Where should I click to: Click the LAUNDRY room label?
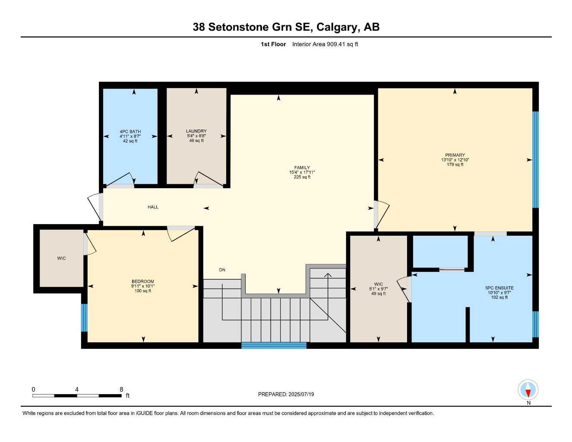196,131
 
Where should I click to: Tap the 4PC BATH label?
130,132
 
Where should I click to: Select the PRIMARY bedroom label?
455,155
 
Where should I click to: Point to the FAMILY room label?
302,167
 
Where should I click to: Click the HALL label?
153,207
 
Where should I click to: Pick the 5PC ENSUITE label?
499,288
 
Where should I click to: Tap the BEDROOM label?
142,281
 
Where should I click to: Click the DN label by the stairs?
222,270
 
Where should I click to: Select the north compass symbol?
528,390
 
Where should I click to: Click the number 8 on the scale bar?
121,389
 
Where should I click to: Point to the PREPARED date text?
286,394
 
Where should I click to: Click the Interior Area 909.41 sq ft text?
325,44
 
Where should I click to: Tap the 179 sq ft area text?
455,164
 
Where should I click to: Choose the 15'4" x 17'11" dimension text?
302,172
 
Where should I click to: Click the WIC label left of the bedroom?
61,258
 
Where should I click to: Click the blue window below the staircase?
274,345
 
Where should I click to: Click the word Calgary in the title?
336,27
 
